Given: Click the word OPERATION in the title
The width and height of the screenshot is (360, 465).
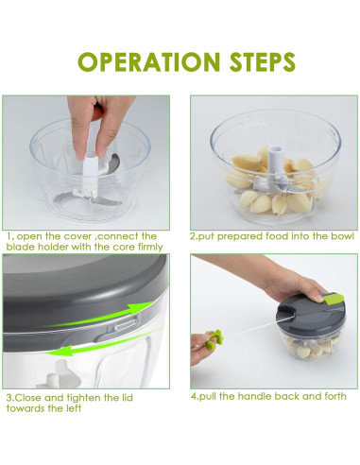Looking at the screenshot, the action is (148, 61).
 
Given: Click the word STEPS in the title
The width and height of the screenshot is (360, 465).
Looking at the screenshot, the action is (263, 61).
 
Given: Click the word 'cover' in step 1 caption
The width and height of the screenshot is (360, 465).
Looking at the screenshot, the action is (77, 236).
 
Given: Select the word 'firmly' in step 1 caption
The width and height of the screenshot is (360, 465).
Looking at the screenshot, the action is (150, 247).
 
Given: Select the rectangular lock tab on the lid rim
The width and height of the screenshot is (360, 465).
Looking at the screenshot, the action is (127, 324).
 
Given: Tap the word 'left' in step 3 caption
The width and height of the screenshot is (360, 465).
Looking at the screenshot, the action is (75, 408).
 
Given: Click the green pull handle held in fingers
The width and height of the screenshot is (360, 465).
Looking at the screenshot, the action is (214, 338).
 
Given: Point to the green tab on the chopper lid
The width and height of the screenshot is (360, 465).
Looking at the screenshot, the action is (334, 299).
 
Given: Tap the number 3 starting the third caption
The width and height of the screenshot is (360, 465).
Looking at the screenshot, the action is (9, 398).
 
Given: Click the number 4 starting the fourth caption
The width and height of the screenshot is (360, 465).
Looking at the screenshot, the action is (194, 396).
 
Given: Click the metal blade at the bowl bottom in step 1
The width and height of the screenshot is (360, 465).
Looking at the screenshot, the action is (88, 198).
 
